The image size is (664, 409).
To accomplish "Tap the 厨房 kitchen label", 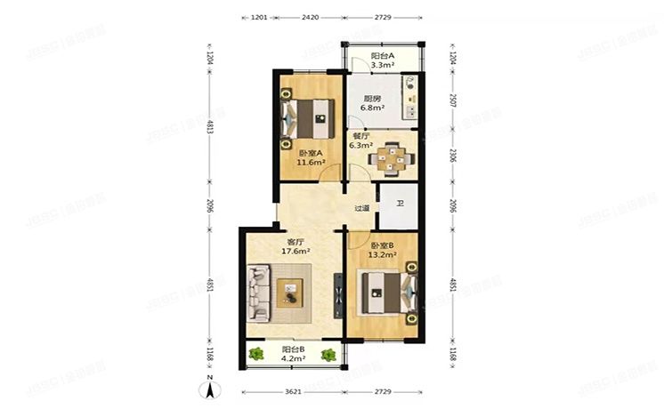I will point(372,99).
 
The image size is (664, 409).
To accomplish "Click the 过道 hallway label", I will point(361,208).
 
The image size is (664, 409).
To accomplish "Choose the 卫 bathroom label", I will point(400,204).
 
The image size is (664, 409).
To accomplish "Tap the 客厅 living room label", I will point(296,241).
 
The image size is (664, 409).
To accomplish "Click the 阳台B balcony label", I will point(294,349).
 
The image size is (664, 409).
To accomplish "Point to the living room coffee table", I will point(291,292).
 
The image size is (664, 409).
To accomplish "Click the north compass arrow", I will point(208,387).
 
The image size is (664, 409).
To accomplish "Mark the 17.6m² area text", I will point(296,251).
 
